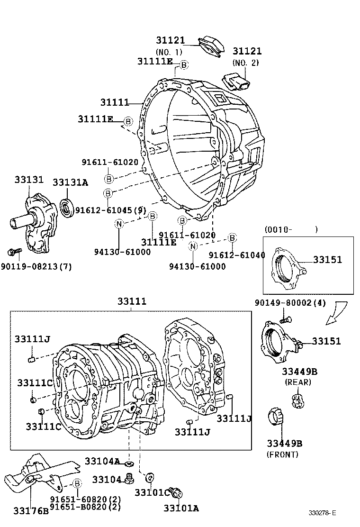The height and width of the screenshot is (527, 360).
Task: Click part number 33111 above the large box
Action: [x=132, y=301]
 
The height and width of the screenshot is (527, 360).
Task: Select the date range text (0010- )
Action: [x=290, y=230]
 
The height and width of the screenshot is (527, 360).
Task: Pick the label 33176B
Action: [x=31, y=510]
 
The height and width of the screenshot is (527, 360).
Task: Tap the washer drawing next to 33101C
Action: [x=150, y=476]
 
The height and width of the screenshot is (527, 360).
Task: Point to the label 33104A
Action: [x=102, y=461]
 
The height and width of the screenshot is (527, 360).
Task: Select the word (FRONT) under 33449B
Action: [x=283, y=454]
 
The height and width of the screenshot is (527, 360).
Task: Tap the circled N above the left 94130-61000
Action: [x=119, y=225]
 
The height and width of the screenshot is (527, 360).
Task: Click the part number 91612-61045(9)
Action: [x=110, y=210]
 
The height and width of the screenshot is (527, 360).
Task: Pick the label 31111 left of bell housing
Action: [x=115, y=102]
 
